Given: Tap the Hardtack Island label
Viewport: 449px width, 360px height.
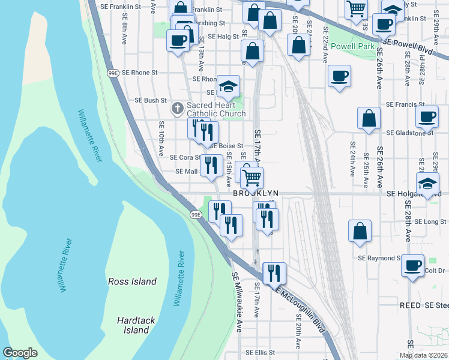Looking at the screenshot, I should [x=133, y=325].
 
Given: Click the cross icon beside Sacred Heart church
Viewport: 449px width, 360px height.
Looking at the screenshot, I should [x=177, y=109].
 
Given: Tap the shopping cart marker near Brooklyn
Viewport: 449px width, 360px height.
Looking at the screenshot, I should [x=252, y=177].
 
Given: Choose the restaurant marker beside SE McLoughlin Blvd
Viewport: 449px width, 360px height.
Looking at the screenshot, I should [x=274, y=272].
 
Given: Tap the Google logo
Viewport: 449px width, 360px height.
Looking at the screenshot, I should [x=20, y=353].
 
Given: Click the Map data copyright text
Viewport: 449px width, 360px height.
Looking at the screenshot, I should [x=424, y=355].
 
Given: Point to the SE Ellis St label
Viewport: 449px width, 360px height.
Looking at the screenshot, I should [x=260, y=353].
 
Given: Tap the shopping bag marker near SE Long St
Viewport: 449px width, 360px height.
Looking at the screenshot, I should [x=359, y=231].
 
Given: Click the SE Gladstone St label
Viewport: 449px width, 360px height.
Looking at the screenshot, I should [x=410, y=133].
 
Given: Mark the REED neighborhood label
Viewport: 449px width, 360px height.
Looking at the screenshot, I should [x=410, y=305].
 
